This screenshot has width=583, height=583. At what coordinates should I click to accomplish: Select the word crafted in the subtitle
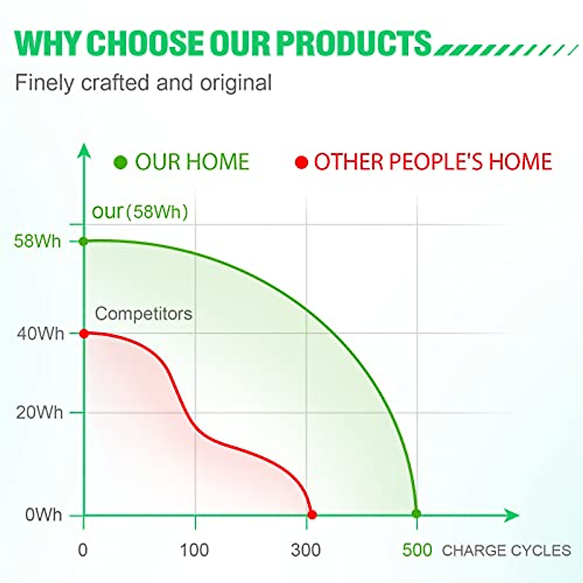[x=115, y=82]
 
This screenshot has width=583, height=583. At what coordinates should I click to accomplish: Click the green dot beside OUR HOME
[x=120, y=162]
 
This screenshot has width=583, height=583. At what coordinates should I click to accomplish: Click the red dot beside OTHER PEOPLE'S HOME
[x=301, y=162]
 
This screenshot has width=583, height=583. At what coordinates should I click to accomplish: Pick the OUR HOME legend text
[x=192, y=162]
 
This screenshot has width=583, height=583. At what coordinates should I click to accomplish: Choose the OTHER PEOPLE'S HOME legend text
[x=433, y=162]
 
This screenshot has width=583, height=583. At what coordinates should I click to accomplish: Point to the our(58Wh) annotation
[x=140, y=211]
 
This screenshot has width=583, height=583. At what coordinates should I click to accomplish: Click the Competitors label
[x=144, y=313]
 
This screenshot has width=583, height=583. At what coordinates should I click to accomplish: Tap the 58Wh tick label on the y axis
[x=37, y=241]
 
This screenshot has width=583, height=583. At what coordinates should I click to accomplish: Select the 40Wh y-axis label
[x=40, y=334]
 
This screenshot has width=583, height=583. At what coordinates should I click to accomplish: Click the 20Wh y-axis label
[x=39, y=412]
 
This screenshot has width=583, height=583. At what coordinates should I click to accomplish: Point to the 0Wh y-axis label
[x=44, y=514]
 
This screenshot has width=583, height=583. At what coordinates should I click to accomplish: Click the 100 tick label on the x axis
[x=194, y=550]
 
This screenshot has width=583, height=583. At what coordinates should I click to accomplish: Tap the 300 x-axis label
[x=306, y=550]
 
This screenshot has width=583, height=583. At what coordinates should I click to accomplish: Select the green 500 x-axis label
[x=417, y=550]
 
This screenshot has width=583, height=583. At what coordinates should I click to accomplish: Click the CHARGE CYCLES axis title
[x=506, y=550]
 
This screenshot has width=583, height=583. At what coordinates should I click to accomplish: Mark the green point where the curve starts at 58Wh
[x=84, y=241]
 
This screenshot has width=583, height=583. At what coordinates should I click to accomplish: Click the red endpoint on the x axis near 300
[x=312, y=514]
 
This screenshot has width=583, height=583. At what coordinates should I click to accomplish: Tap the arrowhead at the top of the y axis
[x=84, y=150]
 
